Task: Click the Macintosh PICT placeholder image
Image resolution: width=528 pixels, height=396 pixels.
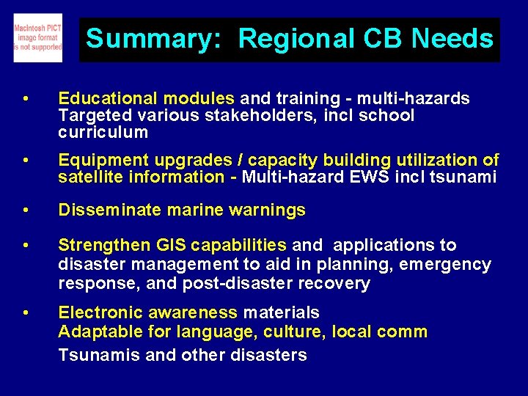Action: click(37, 37)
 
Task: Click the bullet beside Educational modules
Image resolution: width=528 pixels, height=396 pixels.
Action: click(26, 99)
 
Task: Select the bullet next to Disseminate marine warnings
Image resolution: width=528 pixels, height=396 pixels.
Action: click(26, 210)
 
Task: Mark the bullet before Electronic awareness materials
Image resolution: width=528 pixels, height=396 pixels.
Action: click(26, 313)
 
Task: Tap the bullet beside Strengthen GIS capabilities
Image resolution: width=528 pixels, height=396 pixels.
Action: click(26, 246)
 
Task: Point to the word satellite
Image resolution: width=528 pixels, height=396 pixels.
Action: click(90, 177)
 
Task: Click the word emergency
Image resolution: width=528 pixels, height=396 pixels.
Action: click(449, 264)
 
